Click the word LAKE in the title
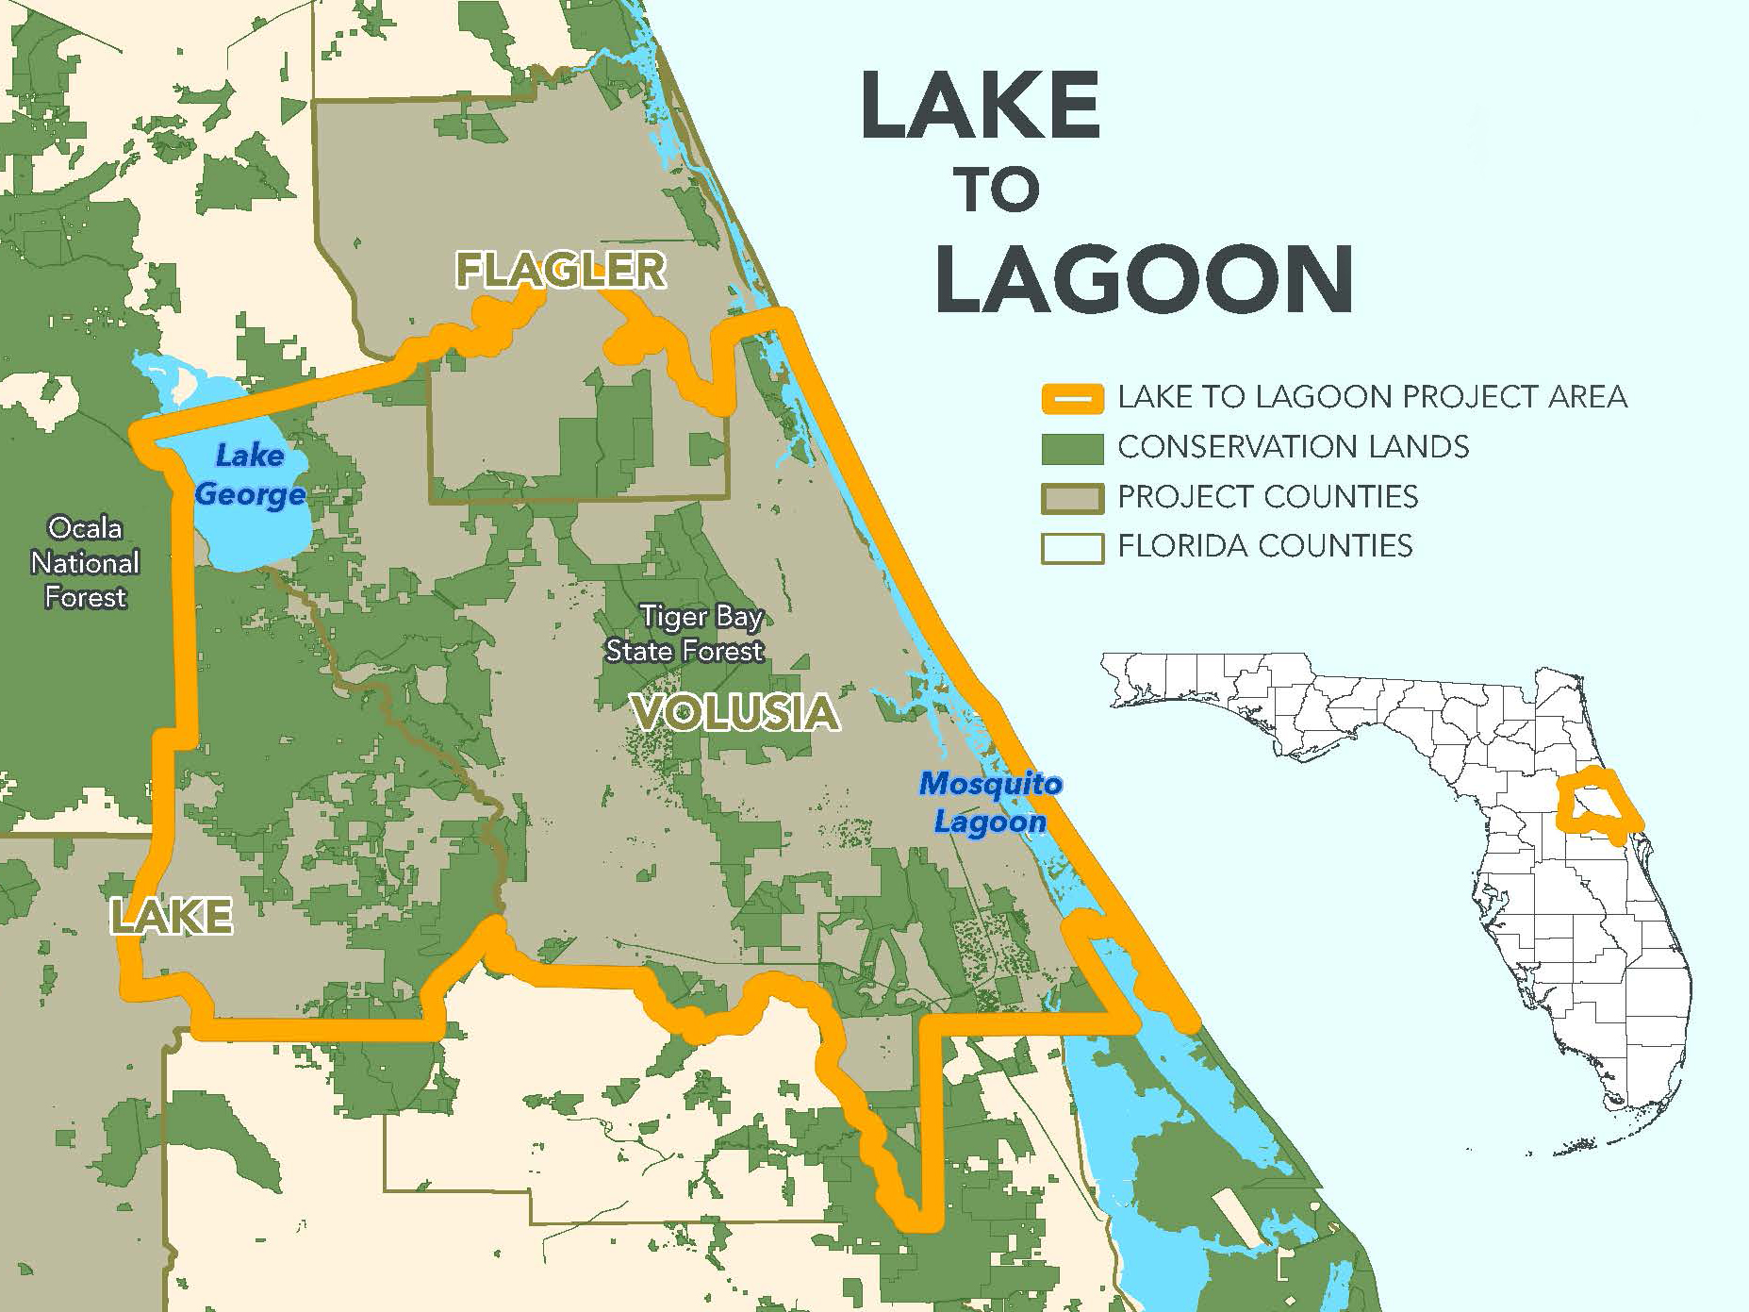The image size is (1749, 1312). click(x=981, y=106)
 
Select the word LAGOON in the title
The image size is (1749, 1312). click(x=1145, y=279)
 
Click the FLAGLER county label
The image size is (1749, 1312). click(x=561, y=271)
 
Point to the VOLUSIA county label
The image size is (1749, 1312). click(x=735, y=712)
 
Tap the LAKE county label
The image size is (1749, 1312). click(x=171, y=916)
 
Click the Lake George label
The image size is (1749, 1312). click(x=250, y=474)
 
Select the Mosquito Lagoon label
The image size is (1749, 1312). click(x=990, y=802)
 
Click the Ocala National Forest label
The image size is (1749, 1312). click(x=85, y=562)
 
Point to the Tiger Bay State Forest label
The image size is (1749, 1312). click(x=685, y=633)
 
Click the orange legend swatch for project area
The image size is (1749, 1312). click(x=1072, y=398)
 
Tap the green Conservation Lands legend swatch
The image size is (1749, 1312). click(x=1072, y=448)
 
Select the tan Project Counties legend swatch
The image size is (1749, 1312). click(x=1072, y=498)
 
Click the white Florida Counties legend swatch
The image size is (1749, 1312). click(x=1072, y=548)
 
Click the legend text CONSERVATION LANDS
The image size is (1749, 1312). click(x=1293, y=447)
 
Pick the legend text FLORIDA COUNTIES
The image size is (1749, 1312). click(x=1264, y=546)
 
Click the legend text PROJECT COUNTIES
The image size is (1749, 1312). click(x=1267, y=497)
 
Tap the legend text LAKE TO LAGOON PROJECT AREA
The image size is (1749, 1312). click(x=1372, y=397)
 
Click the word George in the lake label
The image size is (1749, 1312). click(x=251, y=494)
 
